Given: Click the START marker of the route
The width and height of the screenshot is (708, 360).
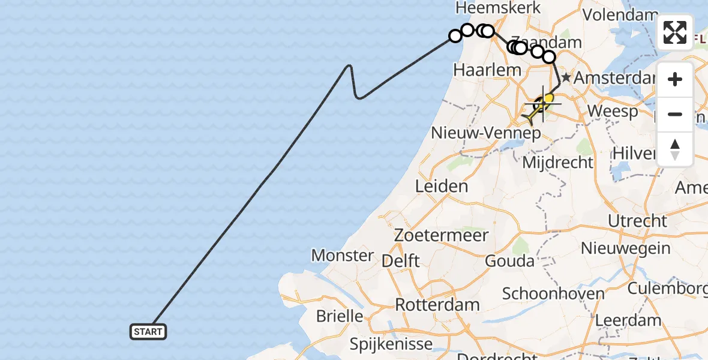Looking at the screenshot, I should point(148,331).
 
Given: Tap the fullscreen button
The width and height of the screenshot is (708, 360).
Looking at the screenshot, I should point(675,32).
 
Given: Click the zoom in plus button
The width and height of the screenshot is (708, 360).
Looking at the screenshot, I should point(675,79).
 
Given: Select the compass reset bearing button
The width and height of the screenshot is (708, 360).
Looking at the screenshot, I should point(675,149).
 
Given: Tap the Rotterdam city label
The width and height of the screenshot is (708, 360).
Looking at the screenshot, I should point(437,304).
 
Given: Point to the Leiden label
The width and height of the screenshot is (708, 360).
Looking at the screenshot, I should point(442,186).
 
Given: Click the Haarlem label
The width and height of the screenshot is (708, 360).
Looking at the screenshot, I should point(487,70).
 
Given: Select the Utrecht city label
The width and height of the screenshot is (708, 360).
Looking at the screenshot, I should point(637,221).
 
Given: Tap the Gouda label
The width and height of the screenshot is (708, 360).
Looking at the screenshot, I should point(510,261).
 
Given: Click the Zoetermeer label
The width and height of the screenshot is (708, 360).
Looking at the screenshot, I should point(442,235).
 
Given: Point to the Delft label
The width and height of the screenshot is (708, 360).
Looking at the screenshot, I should point(401,261).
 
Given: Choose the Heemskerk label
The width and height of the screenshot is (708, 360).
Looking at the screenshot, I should point(498,8).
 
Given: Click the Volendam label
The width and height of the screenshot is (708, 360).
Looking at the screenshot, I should point(622,14).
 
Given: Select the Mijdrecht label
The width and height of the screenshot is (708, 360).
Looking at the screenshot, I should point(558,162).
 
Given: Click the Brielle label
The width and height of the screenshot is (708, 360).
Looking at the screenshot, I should point(339,316).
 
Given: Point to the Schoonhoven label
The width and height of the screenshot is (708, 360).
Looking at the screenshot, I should point(553,293).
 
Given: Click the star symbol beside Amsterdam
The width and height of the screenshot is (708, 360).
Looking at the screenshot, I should point(565,78).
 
